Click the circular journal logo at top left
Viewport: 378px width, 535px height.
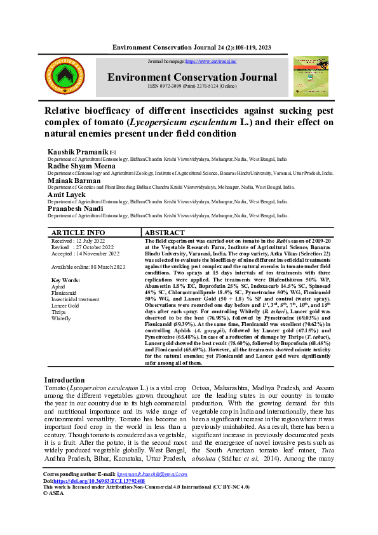[x=64, y=76]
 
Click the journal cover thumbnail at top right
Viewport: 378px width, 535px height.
[x=311, y=76]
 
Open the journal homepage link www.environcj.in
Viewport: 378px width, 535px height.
[x=210, y=62]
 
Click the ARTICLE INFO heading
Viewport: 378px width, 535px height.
[x=78, y=233]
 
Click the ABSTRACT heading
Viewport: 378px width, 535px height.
[x=165, y=233]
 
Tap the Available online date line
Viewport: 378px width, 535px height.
[x=79, y=267]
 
